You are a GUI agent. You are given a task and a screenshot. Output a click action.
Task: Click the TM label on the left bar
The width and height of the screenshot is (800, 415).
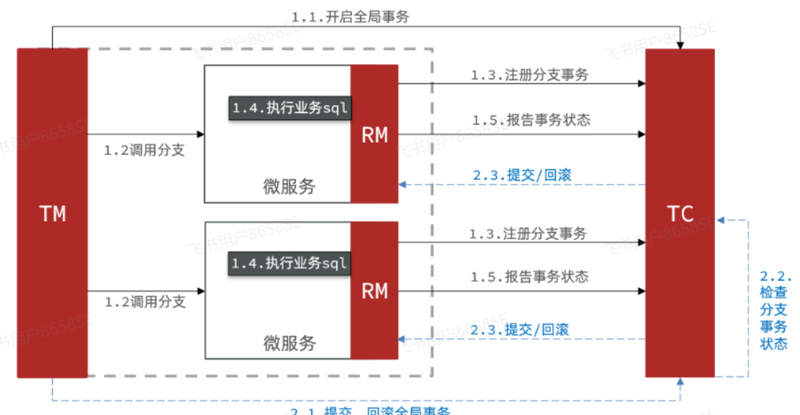click(53, 213)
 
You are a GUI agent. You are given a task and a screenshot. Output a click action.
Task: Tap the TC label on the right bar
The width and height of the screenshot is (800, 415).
click(680, 213)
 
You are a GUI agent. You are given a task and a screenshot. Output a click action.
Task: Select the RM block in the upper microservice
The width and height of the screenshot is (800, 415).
click(374, 134)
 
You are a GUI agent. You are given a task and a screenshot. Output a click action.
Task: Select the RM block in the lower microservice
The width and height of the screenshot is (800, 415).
click(374, 290)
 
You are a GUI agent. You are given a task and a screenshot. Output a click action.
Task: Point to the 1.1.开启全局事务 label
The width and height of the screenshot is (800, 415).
click(351, 17)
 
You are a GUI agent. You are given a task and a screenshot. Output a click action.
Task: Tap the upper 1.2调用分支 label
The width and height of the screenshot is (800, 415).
click(145, 151)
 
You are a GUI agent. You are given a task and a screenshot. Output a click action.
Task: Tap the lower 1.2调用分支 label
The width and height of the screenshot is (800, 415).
click(145, 301)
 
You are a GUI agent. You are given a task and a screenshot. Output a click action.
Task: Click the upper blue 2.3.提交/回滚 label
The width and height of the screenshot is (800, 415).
click(523, 174)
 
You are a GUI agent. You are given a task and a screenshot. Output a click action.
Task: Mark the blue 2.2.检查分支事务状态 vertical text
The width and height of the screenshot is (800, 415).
click(775, 310)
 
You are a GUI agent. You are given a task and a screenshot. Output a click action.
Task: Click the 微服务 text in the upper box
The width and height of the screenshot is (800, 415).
click(289, 187)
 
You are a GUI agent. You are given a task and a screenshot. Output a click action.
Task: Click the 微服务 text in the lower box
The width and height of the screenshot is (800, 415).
click(289, 342)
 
